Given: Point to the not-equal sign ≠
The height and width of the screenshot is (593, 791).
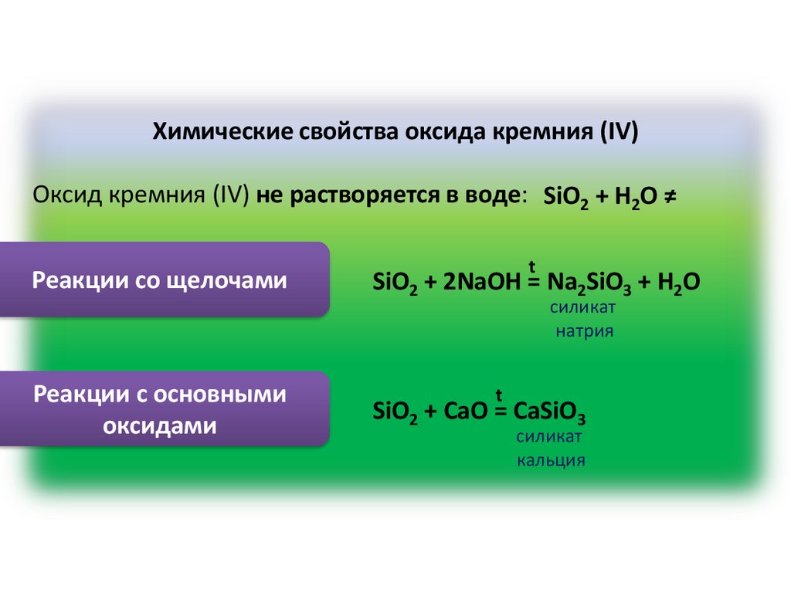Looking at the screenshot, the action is (x=669, y=198).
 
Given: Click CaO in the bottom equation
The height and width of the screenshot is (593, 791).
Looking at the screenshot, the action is (x=466, y=411).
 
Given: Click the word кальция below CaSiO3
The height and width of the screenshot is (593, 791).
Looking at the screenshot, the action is (x=551, y=461).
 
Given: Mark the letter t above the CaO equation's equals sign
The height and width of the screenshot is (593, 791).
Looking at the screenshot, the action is (x=500, y=395).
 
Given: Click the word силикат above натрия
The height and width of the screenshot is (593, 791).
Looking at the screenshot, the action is (x=583, y=308).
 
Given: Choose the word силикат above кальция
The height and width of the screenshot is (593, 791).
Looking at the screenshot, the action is (x=550, y=437).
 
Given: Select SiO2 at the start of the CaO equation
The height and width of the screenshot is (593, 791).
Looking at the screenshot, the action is (x=395, y=411).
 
